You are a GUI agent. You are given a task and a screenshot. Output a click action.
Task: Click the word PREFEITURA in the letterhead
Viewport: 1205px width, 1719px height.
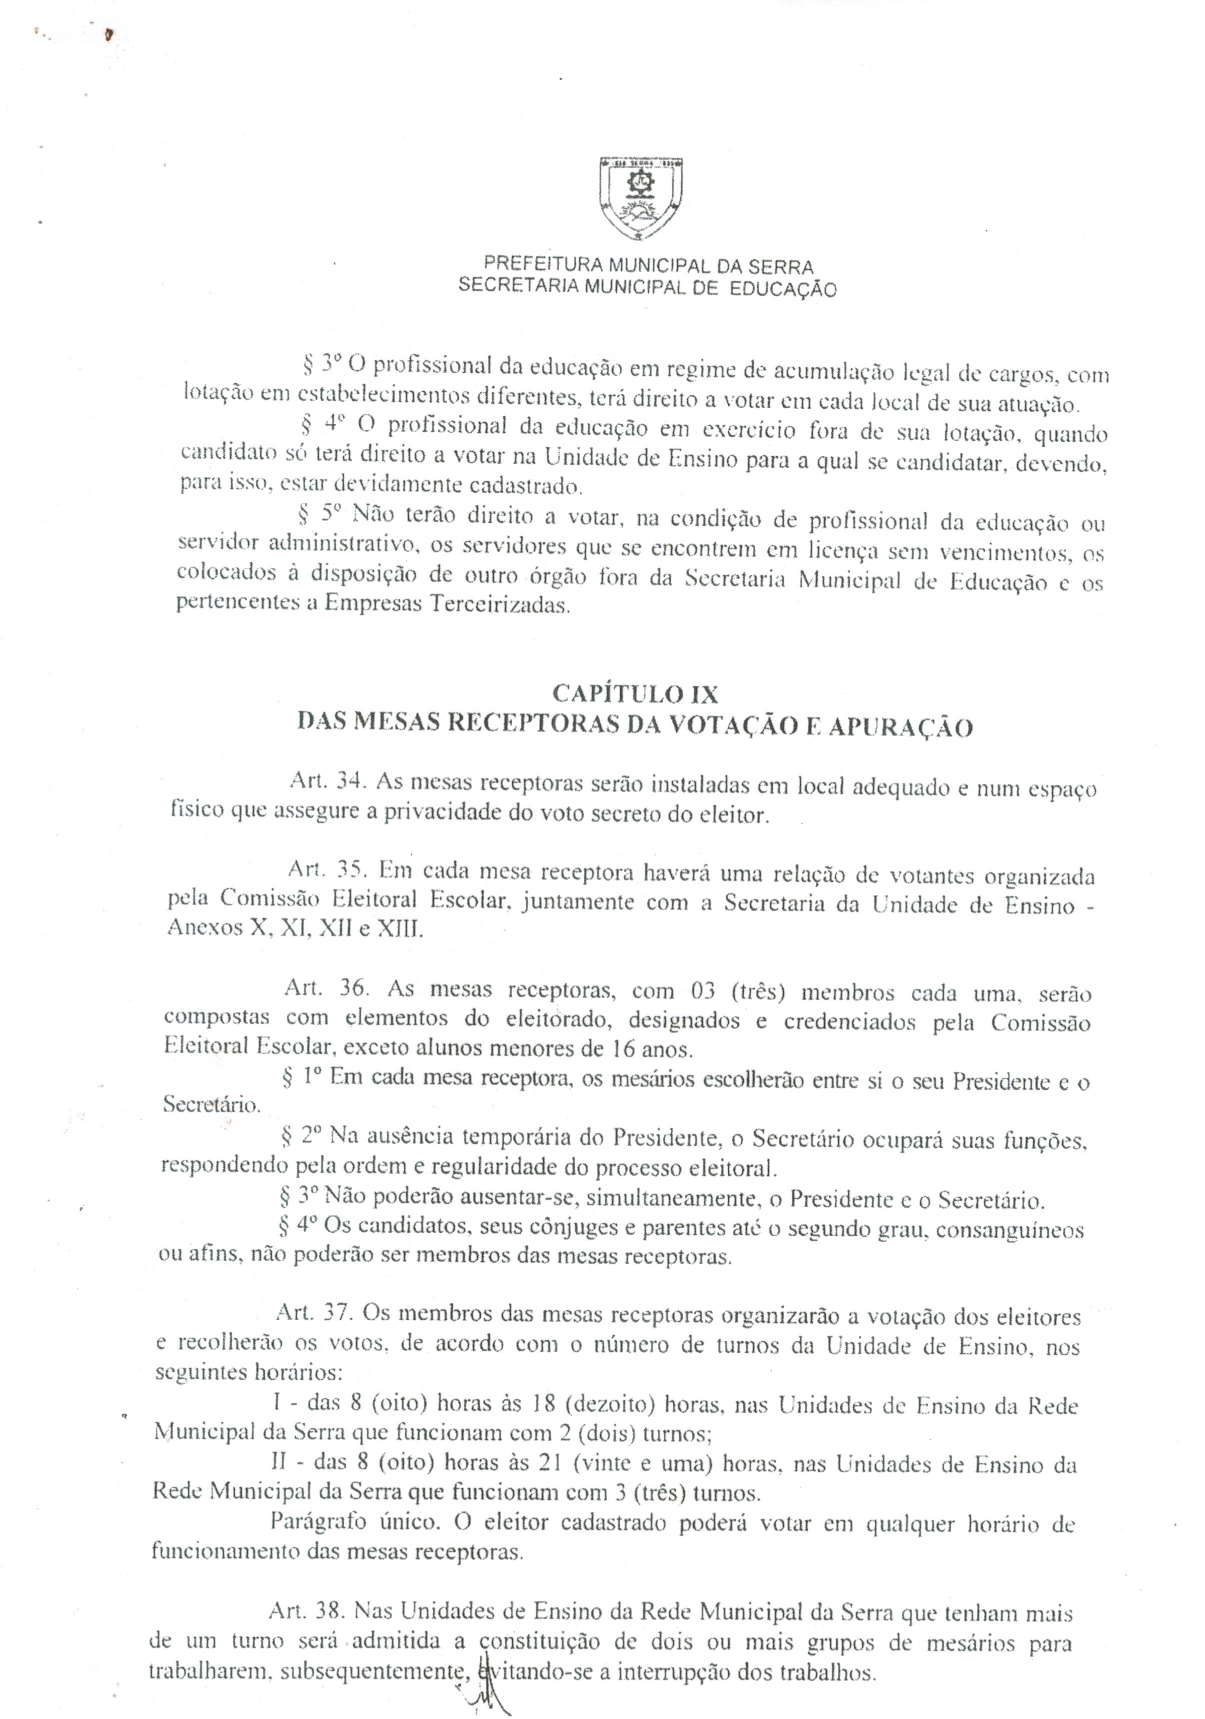(532, 264)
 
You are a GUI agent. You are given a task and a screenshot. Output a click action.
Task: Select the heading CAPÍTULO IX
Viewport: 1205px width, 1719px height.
(635, 694)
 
